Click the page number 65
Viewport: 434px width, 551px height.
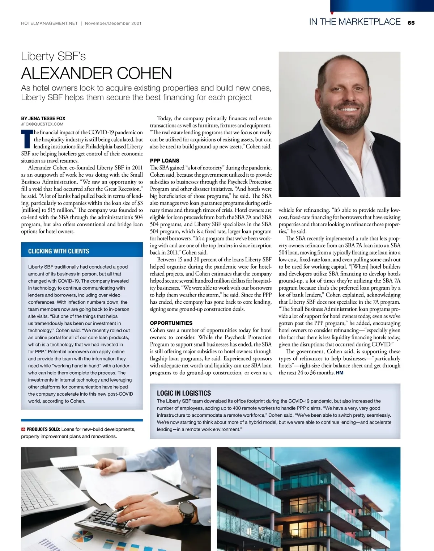click(x=411, y=23)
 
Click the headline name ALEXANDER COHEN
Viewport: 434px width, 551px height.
click(x=97, y=73)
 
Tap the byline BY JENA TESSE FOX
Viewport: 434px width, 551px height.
click(x=43, y=118)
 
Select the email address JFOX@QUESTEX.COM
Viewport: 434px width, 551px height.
click(x=42, y=124)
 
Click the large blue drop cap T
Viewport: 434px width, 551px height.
click(x=27, y=139)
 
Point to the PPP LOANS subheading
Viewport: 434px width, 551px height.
click(x=165, y=161)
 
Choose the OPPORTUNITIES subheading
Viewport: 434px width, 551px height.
click(x=171, y=323)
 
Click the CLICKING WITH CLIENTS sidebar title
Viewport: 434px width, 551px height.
click(x=59, y=251)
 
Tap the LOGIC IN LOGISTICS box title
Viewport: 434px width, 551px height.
click(x=184, y=393)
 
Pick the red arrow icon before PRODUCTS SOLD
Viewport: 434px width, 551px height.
click(x=23, y=429)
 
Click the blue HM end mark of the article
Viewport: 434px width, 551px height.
click(x=340, y=373)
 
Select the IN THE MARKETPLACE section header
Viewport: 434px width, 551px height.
click(x=354, y=22)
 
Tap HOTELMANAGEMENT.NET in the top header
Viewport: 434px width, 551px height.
click(x=50, y=24)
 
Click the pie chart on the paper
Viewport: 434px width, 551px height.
click(x=83, y=536)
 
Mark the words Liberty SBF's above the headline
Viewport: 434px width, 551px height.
click(x=53, y=56)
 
